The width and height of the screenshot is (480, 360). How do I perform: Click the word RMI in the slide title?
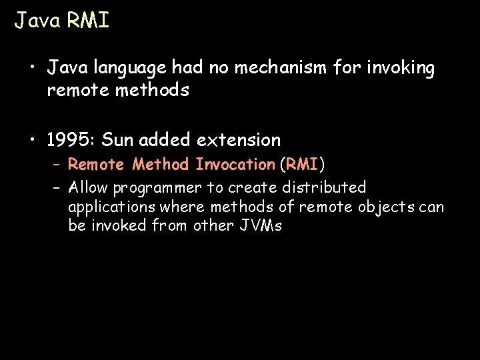tap(87, 21)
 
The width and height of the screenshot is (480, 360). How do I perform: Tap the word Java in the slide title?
tap(37, 21)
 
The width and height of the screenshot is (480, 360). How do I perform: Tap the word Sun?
tap(118, 140)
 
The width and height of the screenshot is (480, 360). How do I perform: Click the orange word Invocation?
tap(235, 164)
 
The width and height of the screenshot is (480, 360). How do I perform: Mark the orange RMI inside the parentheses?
tap(303, 164)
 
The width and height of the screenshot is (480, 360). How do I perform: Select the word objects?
tap(387, 207)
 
